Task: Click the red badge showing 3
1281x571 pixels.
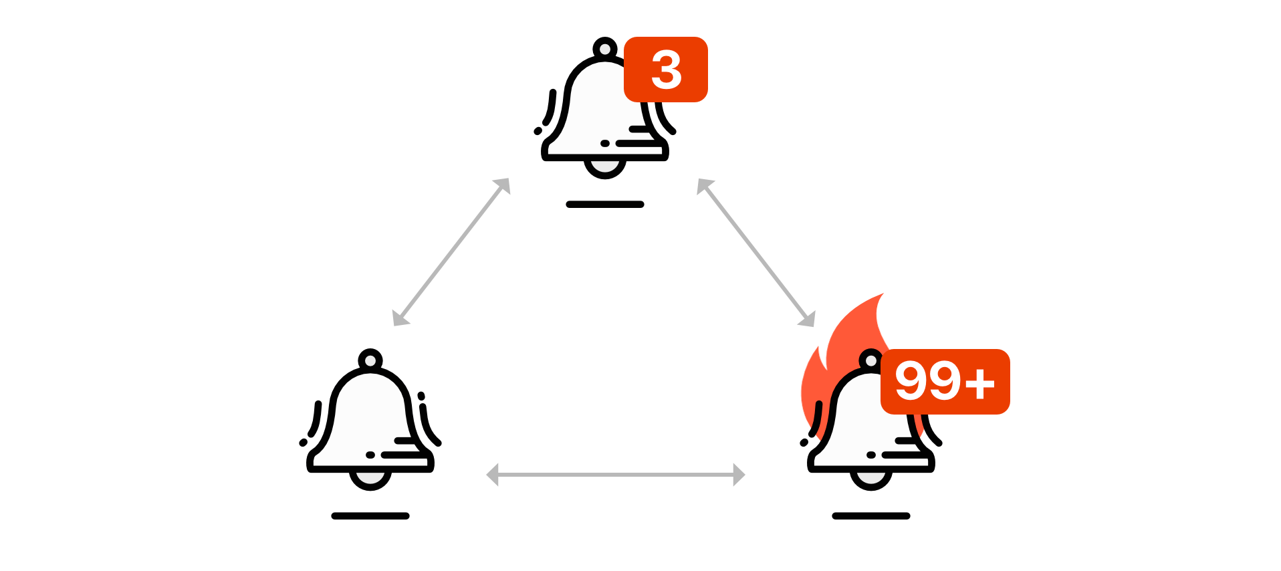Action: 665,70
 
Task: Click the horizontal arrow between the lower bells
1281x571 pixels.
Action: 615,475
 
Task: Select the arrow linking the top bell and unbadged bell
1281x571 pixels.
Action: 451,252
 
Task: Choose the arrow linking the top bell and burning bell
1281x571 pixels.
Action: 755,252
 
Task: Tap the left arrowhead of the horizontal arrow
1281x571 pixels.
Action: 492,475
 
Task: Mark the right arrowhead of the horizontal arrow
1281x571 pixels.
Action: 739,475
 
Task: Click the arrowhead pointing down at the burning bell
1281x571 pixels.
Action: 808,320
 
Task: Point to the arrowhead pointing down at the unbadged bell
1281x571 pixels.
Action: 400,318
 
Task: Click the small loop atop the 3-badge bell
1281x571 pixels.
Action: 605,49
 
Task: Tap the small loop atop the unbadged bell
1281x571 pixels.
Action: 370,361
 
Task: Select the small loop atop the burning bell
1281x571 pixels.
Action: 870,361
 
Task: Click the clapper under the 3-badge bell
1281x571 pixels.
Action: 605,165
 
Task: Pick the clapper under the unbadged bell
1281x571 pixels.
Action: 370,477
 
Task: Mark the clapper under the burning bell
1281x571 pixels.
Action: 870,477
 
